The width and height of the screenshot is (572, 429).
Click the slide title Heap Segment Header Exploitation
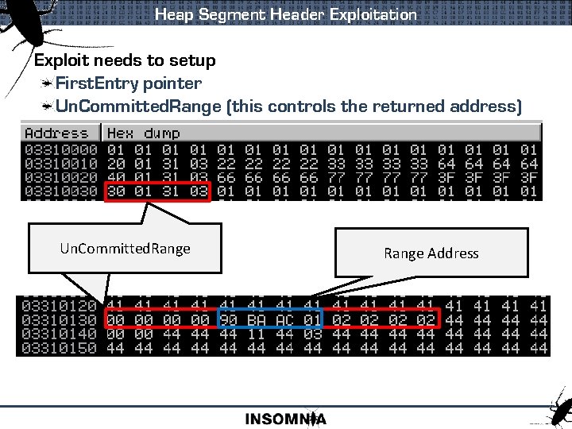click(x=285, y=14)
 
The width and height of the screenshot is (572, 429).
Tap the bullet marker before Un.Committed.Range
click(x=48, y=106)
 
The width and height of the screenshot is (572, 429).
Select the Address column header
click(x=56, y=133)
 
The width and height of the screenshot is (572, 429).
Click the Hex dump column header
click(x=144, y=133)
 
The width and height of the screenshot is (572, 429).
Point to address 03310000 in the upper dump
click(x=61, y=149)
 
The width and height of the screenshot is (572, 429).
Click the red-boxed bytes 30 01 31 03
click(x=157, y=191)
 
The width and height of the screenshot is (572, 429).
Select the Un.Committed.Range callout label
click(x=125, y=249)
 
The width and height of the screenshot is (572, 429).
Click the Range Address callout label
click(x=431, y=253)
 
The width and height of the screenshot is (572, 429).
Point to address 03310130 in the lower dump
click(x=60, y=319)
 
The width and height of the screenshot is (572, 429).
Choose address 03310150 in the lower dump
click(x=60, y=348)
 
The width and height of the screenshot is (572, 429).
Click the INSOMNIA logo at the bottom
click(x=285, y=419)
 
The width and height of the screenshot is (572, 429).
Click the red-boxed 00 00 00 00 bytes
click(x=157, y=319)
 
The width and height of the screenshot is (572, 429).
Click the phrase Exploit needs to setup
click(x=125, y=60)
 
